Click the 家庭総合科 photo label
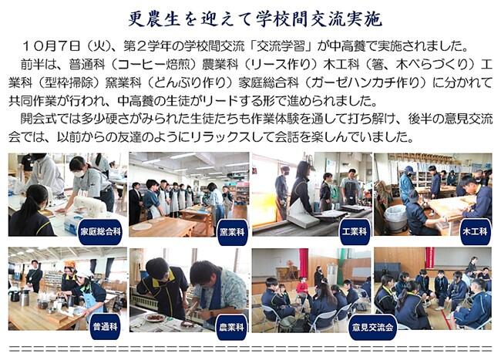click(x=100, y=232)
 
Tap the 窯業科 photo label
click(x=232, y=232)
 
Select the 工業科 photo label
click(x=355, y=232)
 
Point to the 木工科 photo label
click(x=475, y=232)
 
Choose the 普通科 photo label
click(x=105, y=327)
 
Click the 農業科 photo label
click(x=232, y=327)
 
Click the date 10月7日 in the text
click(x=52, y=46)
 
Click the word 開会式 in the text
click(x=39, y=119)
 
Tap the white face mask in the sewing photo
click(x=79, y=173)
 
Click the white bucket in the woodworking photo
click(x=395, y=218)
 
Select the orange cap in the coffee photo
click(x=70, y=264)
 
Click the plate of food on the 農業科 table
click(x=155, y=317)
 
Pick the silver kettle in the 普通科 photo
click(x=25, y=297)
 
